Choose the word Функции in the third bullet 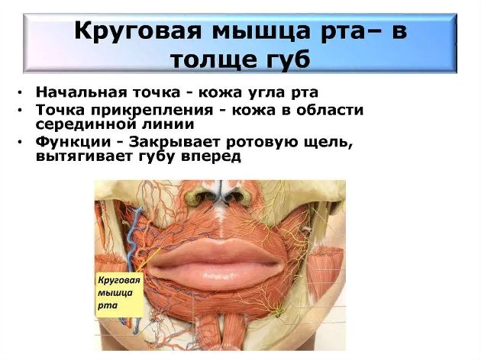73,143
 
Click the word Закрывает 175,143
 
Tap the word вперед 211,157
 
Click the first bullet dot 21,92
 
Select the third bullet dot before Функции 21,143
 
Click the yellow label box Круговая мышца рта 119,294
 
